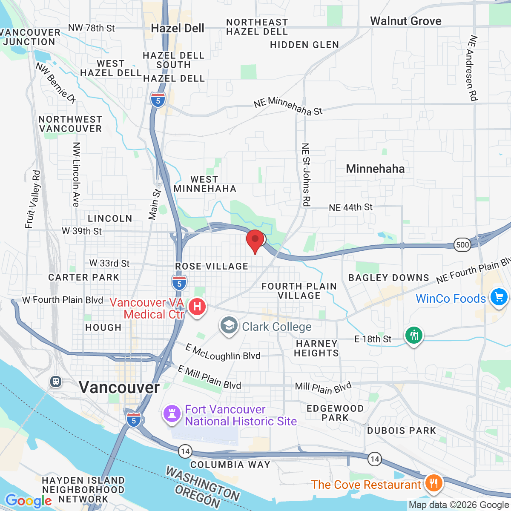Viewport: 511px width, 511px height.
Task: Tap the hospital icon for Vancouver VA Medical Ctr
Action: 197,307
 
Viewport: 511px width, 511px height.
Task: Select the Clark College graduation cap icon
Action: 229,326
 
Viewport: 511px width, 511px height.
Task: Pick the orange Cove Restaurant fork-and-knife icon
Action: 433,483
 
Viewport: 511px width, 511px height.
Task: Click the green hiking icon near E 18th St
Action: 413,336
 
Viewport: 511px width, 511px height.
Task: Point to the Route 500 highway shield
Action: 462,244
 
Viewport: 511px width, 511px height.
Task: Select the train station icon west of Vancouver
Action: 56,382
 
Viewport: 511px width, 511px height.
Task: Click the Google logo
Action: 29,501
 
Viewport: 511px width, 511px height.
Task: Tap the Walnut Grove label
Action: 405,21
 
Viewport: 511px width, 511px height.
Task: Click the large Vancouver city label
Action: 119,388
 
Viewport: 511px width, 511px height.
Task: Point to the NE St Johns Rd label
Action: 306,175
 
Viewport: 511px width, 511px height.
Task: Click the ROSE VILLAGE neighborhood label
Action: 212,266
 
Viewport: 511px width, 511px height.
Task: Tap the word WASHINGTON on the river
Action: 203,483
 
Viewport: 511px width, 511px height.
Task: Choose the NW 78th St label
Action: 91,28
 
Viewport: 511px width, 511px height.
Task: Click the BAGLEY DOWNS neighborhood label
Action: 388,278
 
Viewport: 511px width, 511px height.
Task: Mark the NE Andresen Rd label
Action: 472,68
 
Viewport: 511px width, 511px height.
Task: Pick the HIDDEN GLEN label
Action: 304,45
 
